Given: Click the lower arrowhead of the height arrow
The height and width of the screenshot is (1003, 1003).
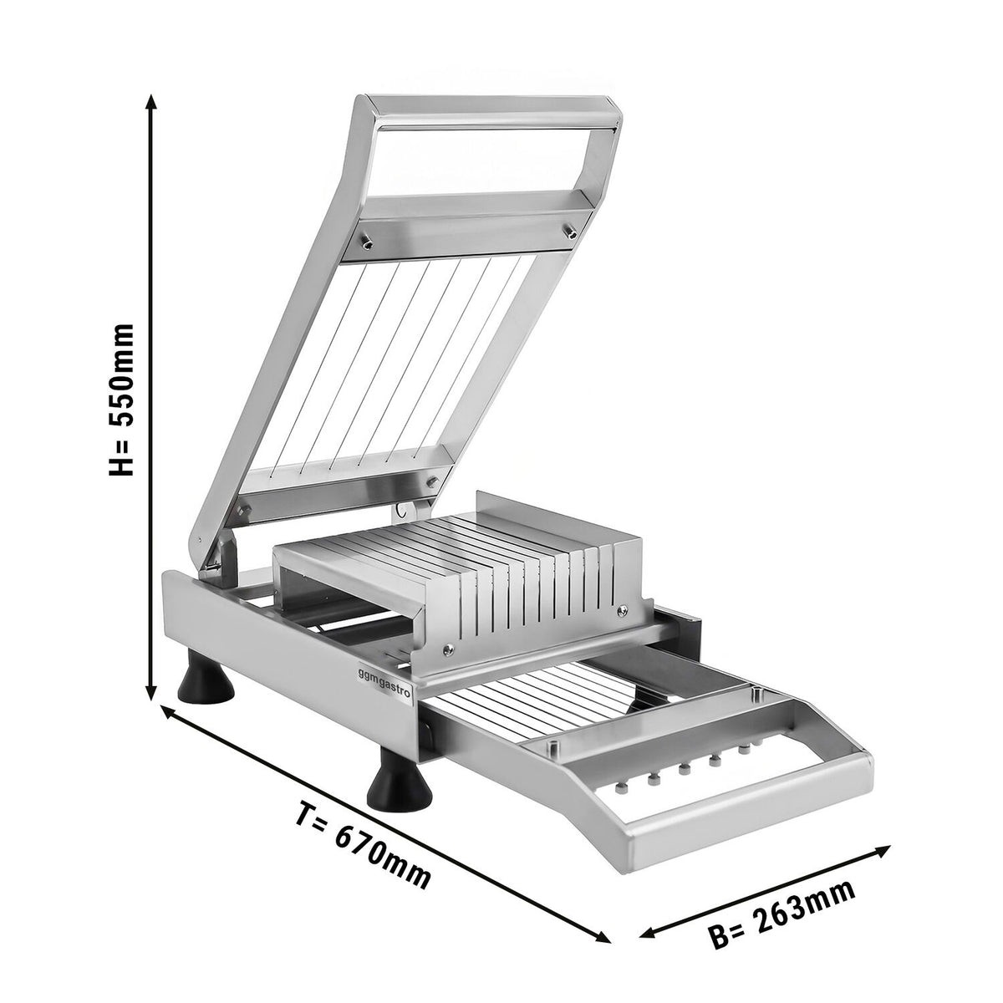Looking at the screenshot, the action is (x=151, y=691).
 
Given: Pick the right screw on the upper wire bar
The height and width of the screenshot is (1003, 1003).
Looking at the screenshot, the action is (x=571, y=229).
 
